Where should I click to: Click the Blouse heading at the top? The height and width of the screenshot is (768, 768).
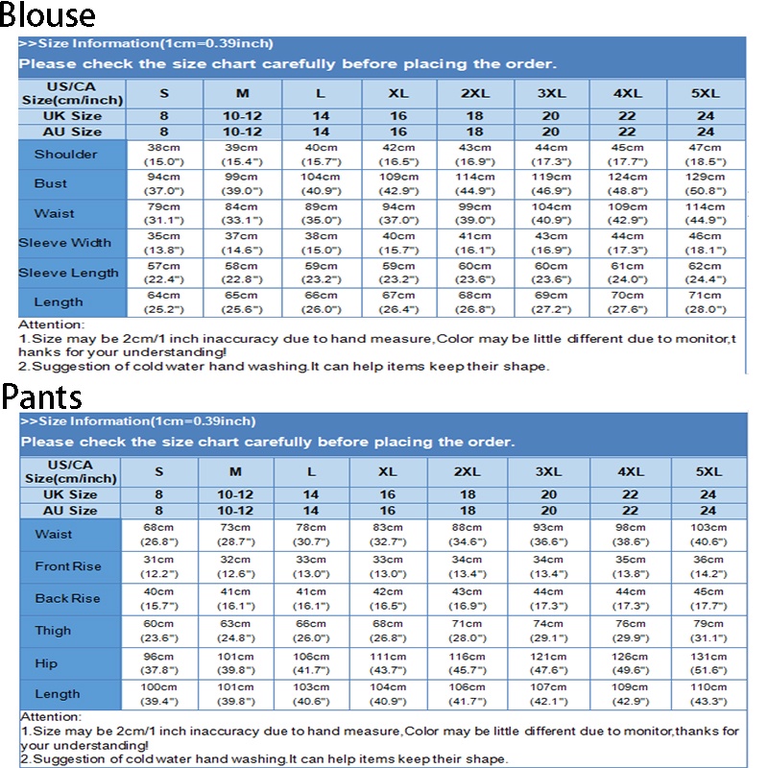(x=48, y=16)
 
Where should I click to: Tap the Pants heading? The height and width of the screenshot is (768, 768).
(x=41, y=396)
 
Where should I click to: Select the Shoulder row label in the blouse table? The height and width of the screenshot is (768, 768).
(x=65, y=155)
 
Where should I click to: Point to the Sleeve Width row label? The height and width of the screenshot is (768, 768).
(x=65, y=243)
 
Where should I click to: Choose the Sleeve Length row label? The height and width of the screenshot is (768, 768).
(x=69, y=273)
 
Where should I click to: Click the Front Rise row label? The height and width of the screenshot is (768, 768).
(x=67, y=566)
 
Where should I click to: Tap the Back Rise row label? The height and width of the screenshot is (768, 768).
(x=67, y=598)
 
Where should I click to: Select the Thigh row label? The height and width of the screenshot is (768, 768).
(x=53, y=631)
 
